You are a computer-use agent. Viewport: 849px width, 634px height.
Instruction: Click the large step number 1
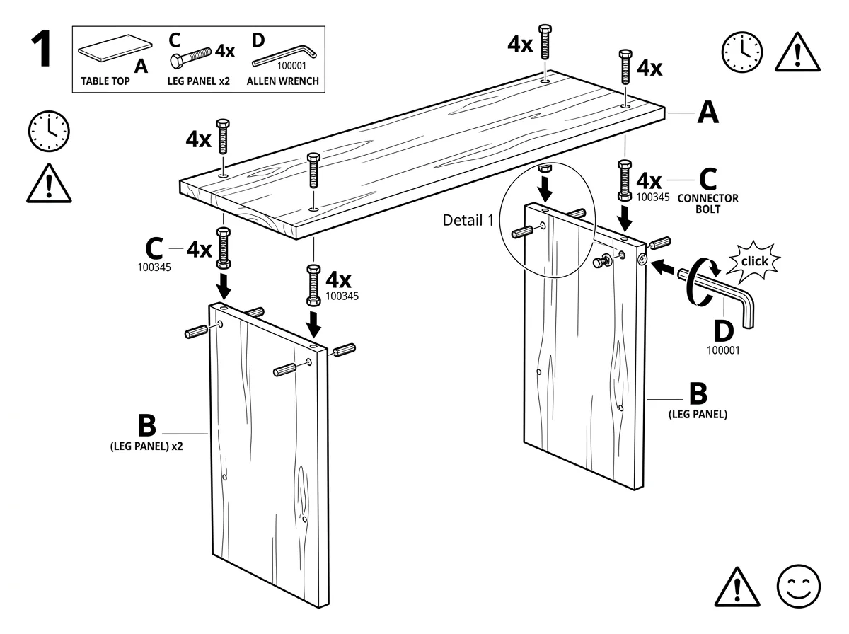[41, 48]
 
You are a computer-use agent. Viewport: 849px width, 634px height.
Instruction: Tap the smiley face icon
[798, 586]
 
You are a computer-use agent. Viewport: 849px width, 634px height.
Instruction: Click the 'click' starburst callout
[754, 262]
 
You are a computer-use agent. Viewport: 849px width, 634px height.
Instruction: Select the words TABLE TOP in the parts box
[105, 81]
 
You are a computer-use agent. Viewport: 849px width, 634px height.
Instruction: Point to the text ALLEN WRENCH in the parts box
[283, 81]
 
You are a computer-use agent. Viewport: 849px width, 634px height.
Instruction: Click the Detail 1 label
[468, 221]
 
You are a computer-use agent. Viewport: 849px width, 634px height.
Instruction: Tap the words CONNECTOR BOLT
[707, 204]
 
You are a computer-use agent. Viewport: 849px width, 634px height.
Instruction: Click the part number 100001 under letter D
[723, 350]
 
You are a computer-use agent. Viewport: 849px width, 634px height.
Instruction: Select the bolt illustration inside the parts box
[191, 57]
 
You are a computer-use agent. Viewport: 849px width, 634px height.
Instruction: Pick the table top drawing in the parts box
[115, 48]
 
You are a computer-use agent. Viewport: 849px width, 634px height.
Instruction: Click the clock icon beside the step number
[49, 131]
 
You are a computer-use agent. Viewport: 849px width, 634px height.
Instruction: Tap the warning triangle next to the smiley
[737, 587]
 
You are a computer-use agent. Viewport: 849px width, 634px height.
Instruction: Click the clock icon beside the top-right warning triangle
[742, 52]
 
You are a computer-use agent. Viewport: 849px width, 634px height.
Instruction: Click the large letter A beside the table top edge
[707, 113]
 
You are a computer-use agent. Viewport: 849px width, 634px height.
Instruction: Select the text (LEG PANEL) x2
[146, 446]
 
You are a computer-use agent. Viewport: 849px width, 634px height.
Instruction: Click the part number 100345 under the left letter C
[154, 267]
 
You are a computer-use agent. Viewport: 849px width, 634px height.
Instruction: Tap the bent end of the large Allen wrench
[747, 309]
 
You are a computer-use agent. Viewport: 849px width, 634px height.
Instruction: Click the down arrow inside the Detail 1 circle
[545, 189]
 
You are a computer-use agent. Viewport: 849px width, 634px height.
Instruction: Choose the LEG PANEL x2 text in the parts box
[198, 81]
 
